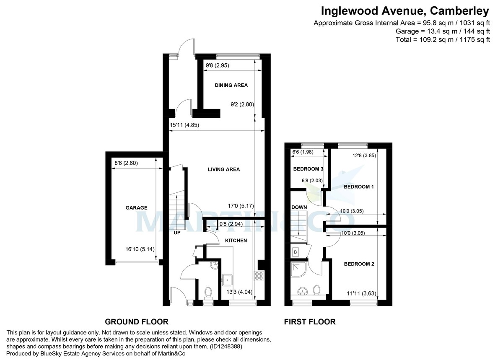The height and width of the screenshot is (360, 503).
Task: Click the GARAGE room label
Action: [x=136, y=208]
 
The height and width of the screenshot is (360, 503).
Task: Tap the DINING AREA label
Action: [x=231, y=85]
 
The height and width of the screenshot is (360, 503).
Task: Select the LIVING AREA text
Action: [x=224, y=169]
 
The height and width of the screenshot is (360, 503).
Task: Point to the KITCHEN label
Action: [x=236, y=241]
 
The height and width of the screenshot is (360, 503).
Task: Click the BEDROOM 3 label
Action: [x=308, y=169]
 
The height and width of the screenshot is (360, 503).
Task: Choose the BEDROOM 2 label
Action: [x=359, y=264]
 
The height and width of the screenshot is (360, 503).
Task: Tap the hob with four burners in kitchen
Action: [x=259, y=276]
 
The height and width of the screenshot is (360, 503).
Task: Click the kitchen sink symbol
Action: [x=228, y=280]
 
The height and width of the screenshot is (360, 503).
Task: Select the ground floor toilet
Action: [x=208, y=293]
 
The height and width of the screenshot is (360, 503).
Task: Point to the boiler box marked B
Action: [x=296, y=252]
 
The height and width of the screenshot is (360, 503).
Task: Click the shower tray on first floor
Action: [x=298, y=269]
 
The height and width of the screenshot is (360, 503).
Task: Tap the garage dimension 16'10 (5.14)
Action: [x=140, y=249]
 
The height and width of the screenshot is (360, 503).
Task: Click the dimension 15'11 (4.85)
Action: [x=184, y=125]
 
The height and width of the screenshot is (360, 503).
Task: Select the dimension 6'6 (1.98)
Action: [x=303, y=152]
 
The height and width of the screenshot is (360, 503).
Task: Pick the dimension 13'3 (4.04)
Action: [x=239, y=292]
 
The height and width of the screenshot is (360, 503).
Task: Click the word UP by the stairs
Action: [x=177, y=233]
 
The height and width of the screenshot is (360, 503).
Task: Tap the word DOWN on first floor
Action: [x=299, y=207]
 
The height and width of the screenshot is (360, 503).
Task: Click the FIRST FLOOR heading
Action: [x=310, y=322]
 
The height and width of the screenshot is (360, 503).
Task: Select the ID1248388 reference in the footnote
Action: [x=226, y=347]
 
